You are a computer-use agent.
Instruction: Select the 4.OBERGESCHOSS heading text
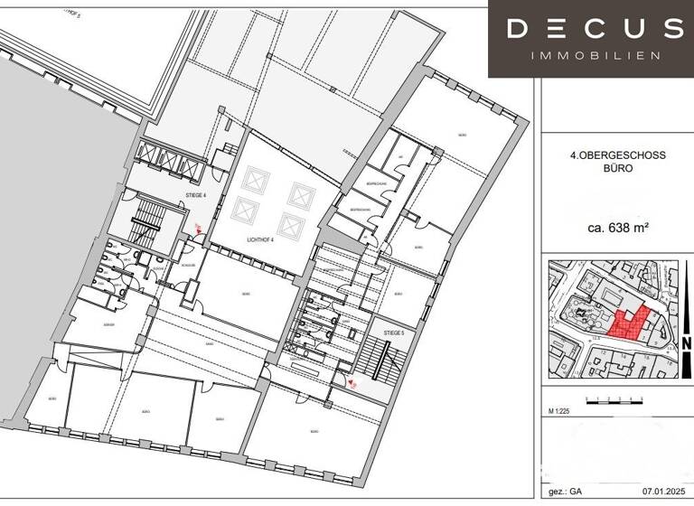pos(619,155)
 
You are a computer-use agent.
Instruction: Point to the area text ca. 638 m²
pos(619,228)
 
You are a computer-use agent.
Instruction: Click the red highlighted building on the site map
pos(628,323)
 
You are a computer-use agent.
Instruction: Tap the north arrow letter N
pos(687,343)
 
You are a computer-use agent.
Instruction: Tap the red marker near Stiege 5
pos(352,383)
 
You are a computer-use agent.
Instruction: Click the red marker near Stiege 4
pos(199,230)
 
